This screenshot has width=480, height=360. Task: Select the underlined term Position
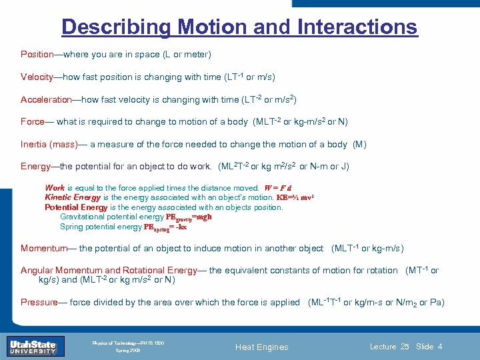point(37,54)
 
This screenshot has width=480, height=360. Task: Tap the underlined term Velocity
point(37,77)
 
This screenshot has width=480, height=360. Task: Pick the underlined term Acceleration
point(46,99)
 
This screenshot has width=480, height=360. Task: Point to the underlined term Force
point(33,122)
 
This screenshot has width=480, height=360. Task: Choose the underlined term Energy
point(35,166)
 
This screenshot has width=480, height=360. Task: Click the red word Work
point(55,188)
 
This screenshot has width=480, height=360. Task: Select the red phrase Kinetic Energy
point(73,197)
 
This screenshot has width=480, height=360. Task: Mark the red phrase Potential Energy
point(76,207)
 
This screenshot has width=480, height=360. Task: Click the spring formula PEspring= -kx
point(165,227)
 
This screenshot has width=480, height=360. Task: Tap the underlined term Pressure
point(39,302)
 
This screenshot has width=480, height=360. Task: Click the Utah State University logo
point(32,346)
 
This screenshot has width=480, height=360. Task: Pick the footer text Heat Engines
point(263,347)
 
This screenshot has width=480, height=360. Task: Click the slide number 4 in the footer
point(440,347)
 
